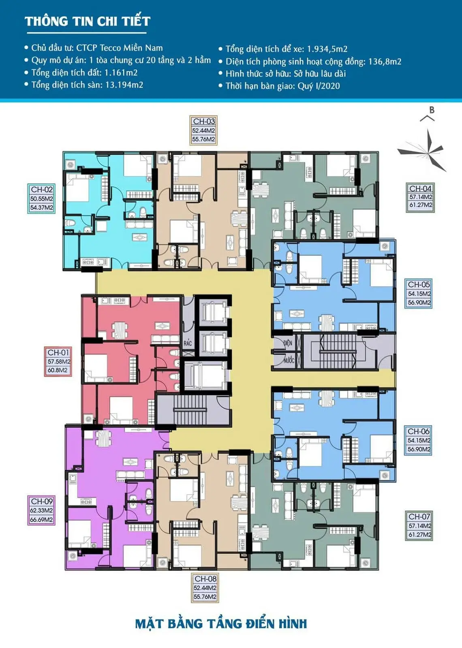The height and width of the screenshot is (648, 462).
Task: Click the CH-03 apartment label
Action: click(x=204, y=121)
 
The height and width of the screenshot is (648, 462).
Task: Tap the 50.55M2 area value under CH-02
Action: click(x=42, y=199)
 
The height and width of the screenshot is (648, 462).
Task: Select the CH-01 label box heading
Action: click(x=58, y=352)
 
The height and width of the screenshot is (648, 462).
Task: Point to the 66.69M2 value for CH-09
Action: click(x=41, y=520)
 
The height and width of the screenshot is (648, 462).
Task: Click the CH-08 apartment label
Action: click(x=205, y=579)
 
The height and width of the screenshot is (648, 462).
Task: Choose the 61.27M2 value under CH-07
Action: click(x=420, y=535)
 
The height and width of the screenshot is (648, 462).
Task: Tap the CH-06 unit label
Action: click(x=418, y=431)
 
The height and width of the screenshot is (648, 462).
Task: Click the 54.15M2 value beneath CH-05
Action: click(x=419, y=294)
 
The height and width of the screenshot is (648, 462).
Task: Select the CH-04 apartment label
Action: click(x=420, y=188)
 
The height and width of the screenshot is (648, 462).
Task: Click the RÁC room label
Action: click(x=188, y=343)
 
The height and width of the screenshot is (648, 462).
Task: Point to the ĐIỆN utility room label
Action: click(x=288, y=343)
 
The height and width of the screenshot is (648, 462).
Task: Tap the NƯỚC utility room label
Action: click(x=289, y=361)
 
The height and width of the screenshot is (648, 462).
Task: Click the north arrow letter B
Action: click(x=432, y=110)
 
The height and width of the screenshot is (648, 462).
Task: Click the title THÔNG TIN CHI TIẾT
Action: click(x=88, y=21)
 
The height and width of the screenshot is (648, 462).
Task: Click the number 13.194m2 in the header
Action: click(x=124, y=85)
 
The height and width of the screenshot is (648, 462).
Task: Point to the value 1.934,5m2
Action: click(x=327, y=49)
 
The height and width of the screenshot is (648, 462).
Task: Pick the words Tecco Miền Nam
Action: click(x=131, y=48)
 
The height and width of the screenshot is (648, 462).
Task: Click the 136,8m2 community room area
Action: click(x=385, y=61)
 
